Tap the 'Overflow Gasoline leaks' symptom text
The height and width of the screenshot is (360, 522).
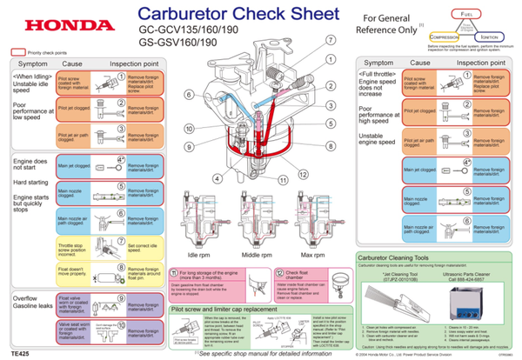click(x=30, y=303)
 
